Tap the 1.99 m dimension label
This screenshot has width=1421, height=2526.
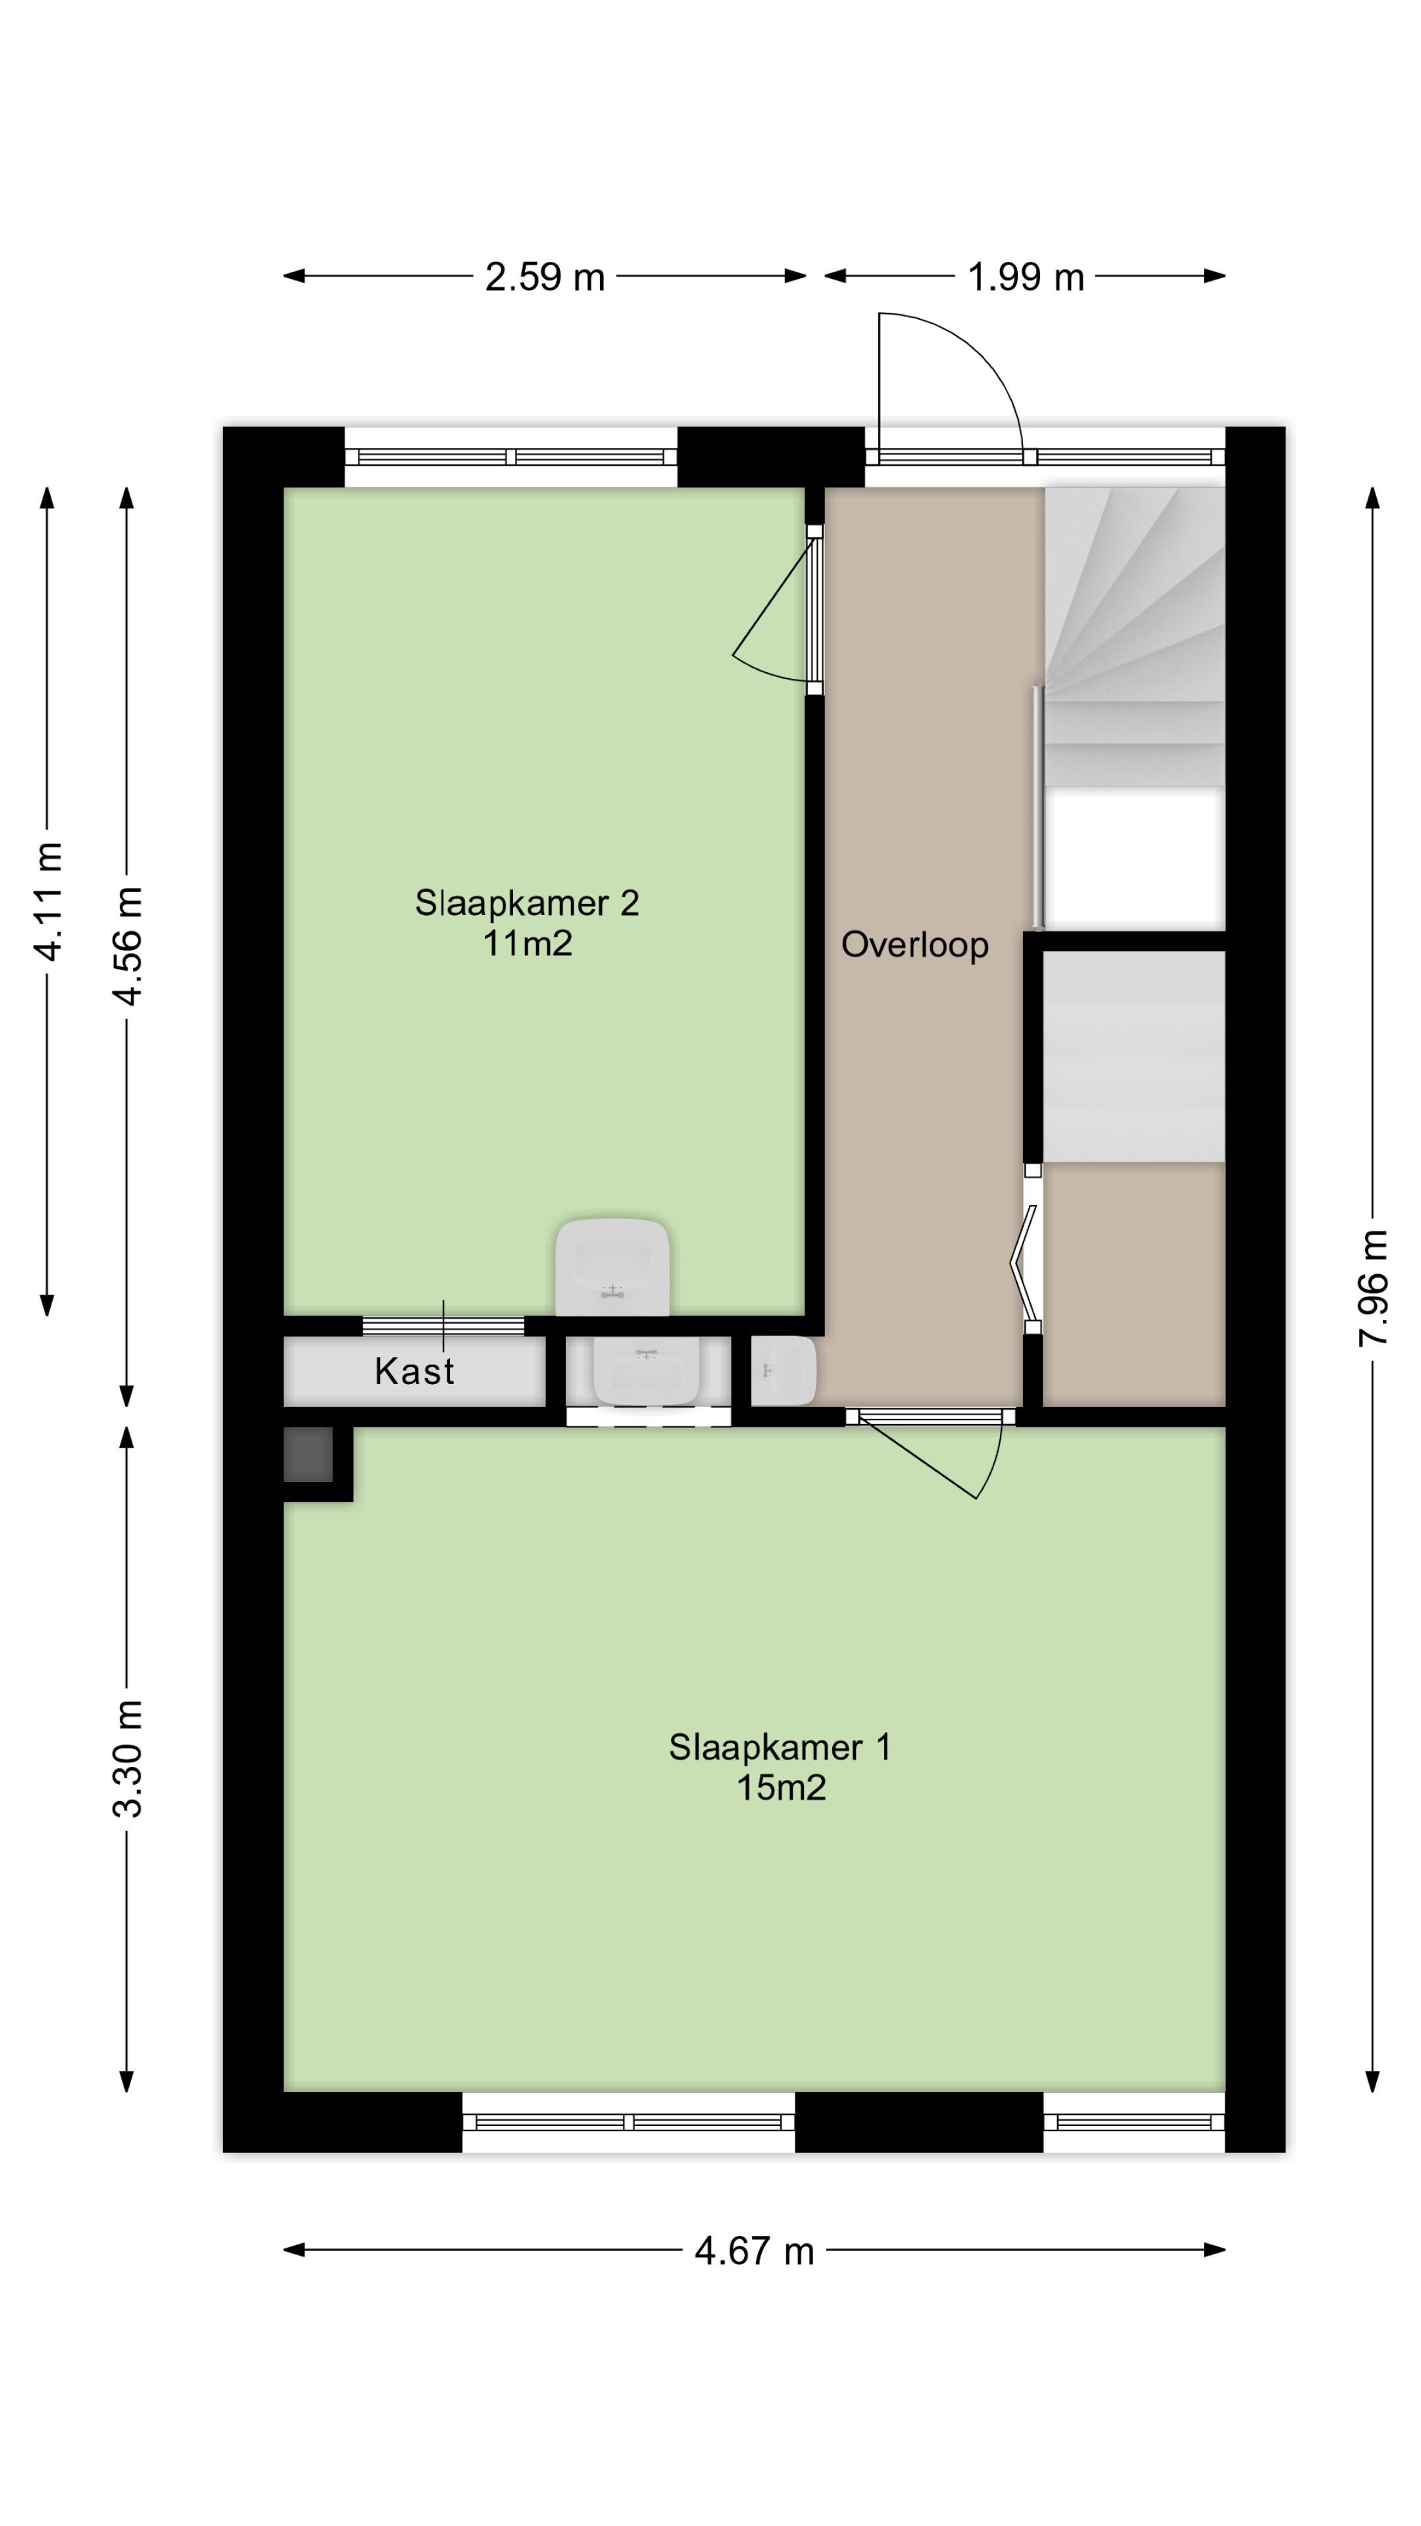[x=1025, y=278]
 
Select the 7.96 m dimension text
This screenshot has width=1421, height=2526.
[x=1373, y=1287]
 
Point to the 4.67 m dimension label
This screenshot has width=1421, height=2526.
[x=753, y=2250]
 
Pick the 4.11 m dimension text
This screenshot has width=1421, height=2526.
[x=47, y=900]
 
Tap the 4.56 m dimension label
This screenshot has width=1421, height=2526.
[x=128, y=945]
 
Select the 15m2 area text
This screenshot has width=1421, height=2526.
[x=781, y=1788]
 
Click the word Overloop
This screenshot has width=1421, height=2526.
[x=914, y=945]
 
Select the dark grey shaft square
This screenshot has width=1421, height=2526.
[x=307, y=1454]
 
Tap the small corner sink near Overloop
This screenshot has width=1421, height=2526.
[x=784, y=1370]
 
